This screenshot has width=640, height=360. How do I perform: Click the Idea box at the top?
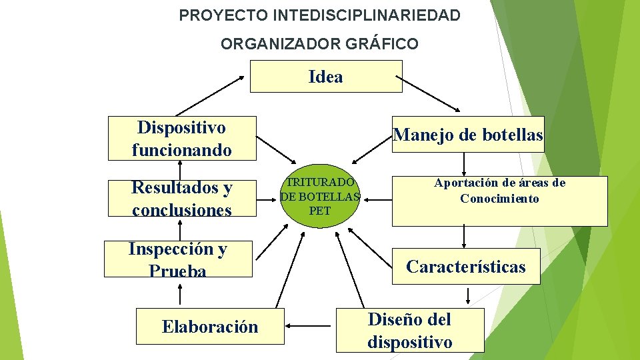(326, 76)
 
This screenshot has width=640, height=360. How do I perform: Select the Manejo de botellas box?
(468, 135)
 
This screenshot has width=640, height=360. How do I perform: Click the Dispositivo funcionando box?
(181, 138)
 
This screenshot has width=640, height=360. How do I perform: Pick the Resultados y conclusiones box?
(181, 198)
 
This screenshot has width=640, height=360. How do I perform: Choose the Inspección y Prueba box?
(178, 259)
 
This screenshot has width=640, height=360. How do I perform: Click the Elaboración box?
(209, 326)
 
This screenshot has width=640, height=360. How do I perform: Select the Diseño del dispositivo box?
(409, 330)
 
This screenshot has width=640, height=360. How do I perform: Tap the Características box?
(465, 267)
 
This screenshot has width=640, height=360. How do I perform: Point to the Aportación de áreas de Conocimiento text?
(499, 191)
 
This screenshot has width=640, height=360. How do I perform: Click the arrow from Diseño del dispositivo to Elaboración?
(311, 327)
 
